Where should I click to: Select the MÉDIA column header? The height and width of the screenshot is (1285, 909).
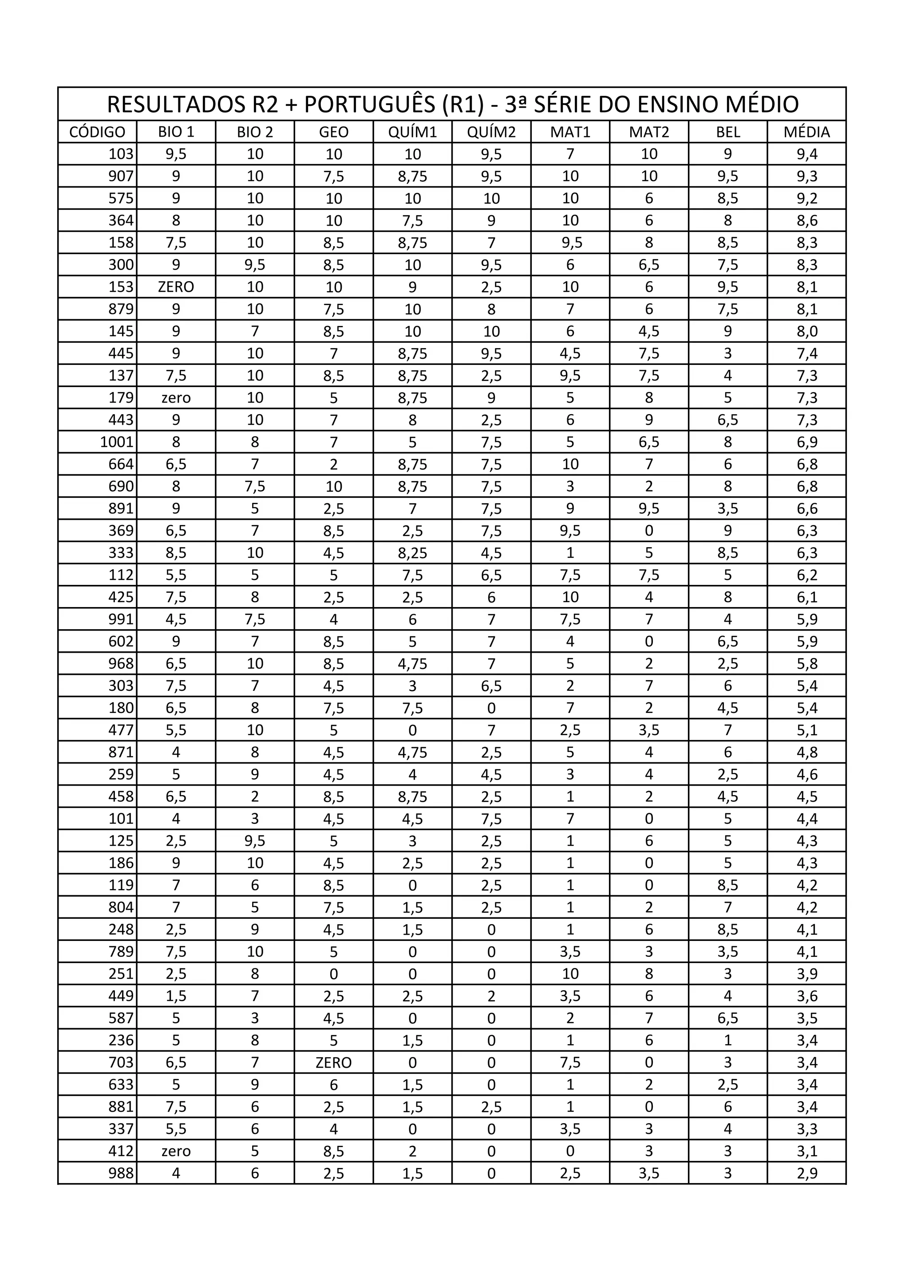click(806, 132)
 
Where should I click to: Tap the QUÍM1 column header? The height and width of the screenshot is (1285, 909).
click(412, 132)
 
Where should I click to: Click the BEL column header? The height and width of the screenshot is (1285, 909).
click(727, 132)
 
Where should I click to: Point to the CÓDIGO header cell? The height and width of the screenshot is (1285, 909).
click(98, 132)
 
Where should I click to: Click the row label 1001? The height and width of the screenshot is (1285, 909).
click(117, 442)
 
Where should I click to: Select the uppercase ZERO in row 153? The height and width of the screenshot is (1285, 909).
click(176, 287)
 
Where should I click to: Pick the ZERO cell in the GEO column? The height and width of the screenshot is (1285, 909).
click(333, 1063)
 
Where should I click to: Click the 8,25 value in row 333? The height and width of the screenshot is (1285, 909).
click(412, 553)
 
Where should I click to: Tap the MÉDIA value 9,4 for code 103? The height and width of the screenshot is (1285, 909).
click(806, 154)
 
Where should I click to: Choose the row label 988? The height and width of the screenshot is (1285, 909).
click(122, 1173)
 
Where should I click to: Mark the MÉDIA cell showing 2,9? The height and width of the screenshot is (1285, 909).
click(806, 1173)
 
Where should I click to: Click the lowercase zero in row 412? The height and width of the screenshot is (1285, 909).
click(176, 1151)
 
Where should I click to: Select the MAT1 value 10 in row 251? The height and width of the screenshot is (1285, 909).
click(570, 974)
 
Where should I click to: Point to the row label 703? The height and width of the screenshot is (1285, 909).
click(122, 1063)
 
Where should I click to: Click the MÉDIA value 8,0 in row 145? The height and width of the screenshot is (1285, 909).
click(806, 331)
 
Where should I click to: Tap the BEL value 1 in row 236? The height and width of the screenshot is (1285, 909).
click(727, 1040)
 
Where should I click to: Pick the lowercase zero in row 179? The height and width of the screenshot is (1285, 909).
click(176, 398)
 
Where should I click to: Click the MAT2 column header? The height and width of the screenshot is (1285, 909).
click(648, 132)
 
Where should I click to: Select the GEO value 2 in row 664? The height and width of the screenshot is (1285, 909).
click(333, 465)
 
